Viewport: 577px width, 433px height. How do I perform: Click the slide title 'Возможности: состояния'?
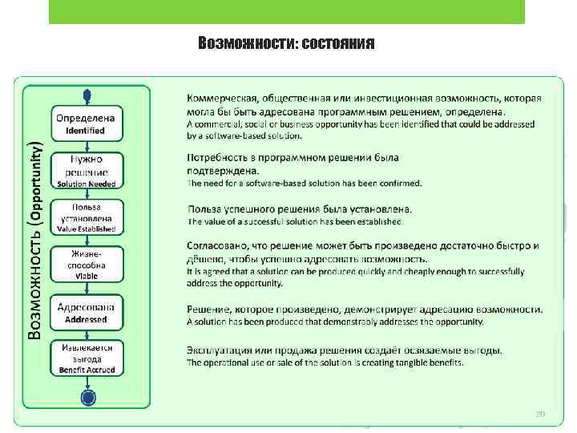pos(286,42)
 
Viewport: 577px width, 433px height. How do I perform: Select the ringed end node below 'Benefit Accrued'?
pos(87,397)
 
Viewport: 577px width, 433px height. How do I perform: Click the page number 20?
pos(540,414)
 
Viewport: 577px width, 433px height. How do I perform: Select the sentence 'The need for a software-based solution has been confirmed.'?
pos(305,183)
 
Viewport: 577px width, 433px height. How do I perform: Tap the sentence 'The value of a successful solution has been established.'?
pos(296,221)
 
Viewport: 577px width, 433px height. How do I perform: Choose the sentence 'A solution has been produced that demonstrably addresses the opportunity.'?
pos(335,322)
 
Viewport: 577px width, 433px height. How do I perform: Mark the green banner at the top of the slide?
pos(286,11)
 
